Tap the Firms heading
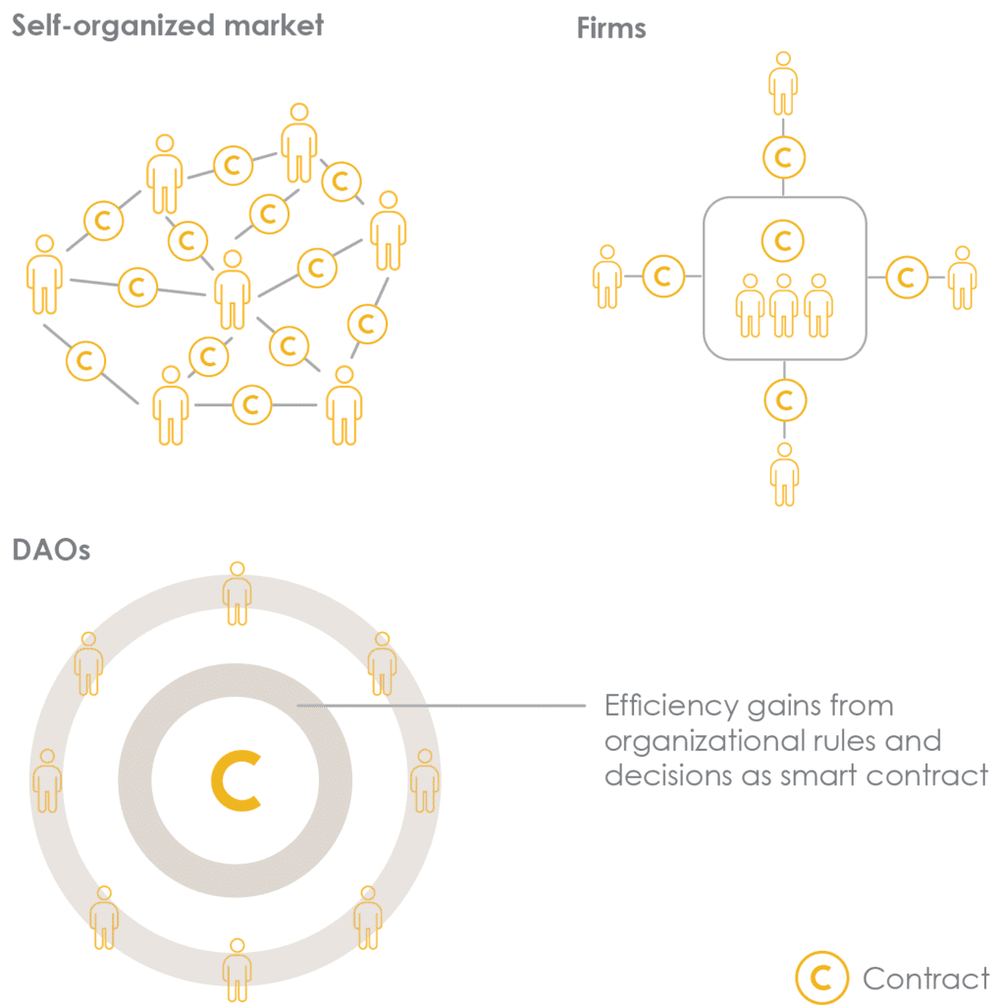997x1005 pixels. tap(611, 27)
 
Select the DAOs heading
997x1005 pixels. tap(51, 550)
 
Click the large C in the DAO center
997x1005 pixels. tap(236, 781)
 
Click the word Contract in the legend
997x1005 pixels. tap(926, 979)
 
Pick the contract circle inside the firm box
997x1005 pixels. tap(783, 240)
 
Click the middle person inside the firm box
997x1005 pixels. tap(783, 305)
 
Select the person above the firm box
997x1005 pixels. tap(783, 83)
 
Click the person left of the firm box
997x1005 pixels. tap(607, 277)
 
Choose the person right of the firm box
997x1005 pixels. tap(963, 278)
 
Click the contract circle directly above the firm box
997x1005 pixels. tap(783, 156)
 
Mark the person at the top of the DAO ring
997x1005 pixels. tap(236, 593)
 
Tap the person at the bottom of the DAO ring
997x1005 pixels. tap(236, 970)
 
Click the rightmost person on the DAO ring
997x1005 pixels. tap(424, 781)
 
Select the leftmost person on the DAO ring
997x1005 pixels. tap(47, 781)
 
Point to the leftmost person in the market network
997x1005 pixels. tap(44, 274)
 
